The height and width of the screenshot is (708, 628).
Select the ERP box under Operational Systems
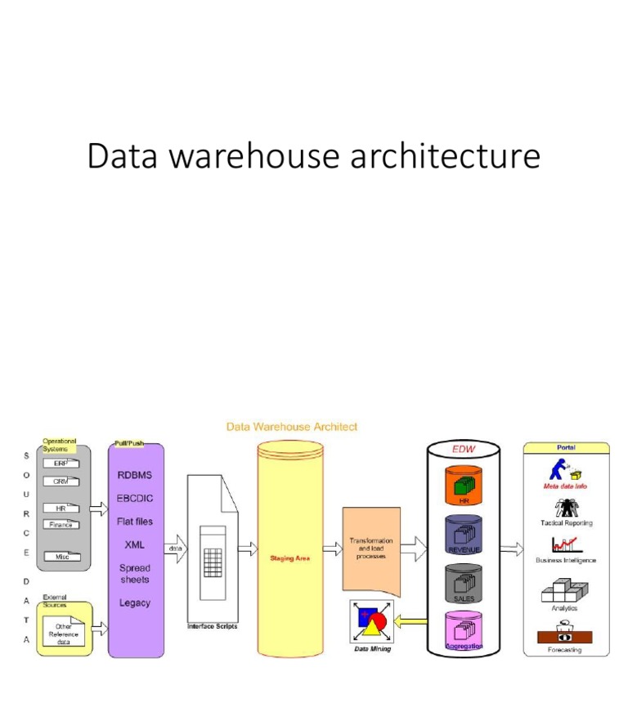(61, 463)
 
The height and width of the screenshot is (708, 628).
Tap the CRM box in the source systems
(61, 482)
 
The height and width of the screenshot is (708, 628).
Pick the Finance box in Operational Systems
(61, 525)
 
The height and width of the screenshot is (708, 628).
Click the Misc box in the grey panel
(62, 556)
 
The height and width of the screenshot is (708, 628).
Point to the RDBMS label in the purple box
(135, 474)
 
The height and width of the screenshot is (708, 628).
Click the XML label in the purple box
(135, 544)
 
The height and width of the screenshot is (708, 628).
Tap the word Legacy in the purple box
(135, 603)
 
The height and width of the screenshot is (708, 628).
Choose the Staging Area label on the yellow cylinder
(290, 558)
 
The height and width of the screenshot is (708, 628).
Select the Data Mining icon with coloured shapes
(371, 623)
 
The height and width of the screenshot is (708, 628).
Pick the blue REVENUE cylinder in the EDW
(463, 535)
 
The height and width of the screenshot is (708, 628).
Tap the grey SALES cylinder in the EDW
(463, 584)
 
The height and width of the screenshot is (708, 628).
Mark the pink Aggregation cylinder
(463, 632)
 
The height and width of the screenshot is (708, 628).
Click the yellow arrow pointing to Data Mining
(410, 622)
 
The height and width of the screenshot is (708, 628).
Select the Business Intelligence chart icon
(566, 544)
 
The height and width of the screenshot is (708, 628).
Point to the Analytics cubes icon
(566, 591)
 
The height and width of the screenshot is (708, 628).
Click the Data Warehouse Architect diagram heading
(292, 427)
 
